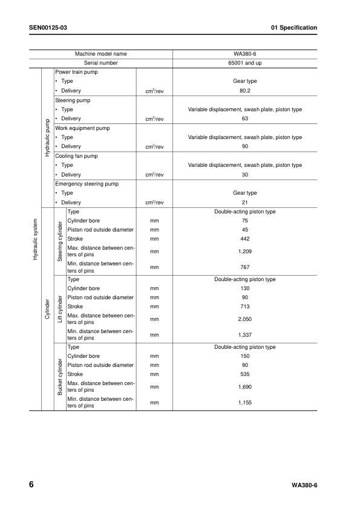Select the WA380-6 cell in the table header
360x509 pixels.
pos(245,54)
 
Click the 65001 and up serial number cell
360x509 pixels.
pos(245,63)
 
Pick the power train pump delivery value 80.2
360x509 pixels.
pos(245,91)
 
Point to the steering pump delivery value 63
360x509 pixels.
pos(245,118)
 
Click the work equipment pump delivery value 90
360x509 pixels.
pos(245,146)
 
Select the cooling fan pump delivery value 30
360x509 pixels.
pos(245,175)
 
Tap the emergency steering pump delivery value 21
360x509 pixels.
pos(245,203)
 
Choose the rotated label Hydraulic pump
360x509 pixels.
pos(47,137)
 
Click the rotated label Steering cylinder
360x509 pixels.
pos(61,241)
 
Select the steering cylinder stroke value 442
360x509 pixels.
pos(245,239)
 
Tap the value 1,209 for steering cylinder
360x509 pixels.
pos(245,251)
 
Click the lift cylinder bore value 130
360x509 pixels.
pos(245,288)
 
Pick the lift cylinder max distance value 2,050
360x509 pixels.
pos(245,319)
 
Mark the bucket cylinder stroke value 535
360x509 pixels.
pos(245,374)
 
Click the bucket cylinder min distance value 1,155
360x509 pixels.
pos(245,402)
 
